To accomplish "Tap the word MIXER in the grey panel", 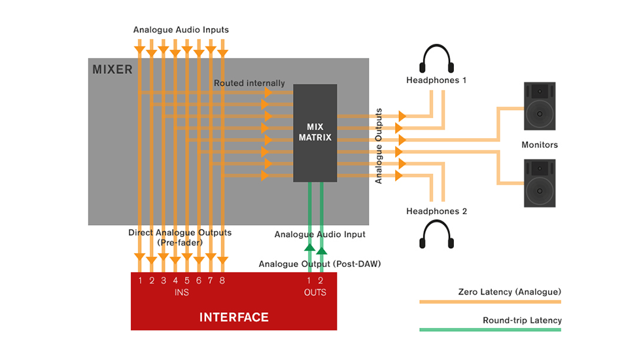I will (113, 69).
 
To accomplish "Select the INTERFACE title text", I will (234, 317).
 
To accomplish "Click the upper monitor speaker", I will (540, 106).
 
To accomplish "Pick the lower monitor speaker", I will (540, 184).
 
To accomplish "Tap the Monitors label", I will (540, 145).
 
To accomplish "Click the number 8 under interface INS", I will (222, 281).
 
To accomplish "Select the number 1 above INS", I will (140, 281).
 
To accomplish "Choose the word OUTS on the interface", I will (315, 293).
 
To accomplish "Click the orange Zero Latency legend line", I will (490, 302).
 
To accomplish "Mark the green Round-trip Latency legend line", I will (490, 329).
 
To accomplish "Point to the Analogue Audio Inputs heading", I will (181, 30).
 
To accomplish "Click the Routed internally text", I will (249, 83).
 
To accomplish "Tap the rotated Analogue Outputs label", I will (379, 146).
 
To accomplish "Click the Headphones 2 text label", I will (437, 211).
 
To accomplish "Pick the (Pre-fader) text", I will (180, 242).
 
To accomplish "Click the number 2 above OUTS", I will (320, 281).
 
